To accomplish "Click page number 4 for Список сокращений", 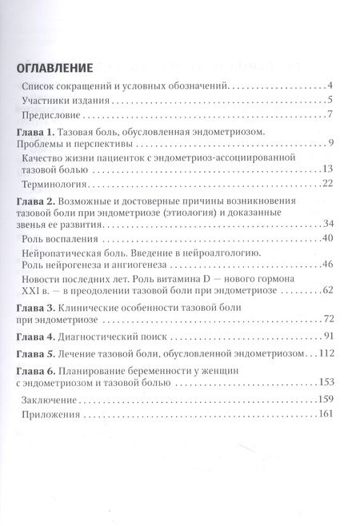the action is pyautogui.click(x=330, y=86).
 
